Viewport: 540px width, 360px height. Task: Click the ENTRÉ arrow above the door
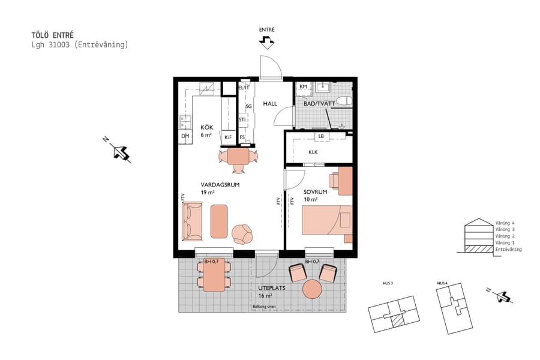[266, 41]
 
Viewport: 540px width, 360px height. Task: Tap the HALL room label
[270, 104]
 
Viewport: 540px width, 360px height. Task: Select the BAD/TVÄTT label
[319, 104]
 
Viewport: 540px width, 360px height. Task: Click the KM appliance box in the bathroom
[304, 87]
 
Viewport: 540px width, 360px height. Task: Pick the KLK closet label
[313, 152]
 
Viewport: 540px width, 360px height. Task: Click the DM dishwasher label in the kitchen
[185, 136]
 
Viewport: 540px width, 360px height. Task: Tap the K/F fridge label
[228, 137]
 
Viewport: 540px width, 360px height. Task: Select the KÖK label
[206, 128]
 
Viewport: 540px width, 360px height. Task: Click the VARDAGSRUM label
[220, 185]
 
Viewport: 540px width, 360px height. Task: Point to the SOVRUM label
[315, 192]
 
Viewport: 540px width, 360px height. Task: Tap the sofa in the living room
[193, 221]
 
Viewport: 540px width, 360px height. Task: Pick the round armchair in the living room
[243, 233]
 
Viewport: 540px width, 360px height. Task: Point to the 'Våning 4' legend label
[505, 223]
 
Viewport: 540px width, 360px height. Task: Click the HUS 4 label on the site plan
[442, 283]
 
